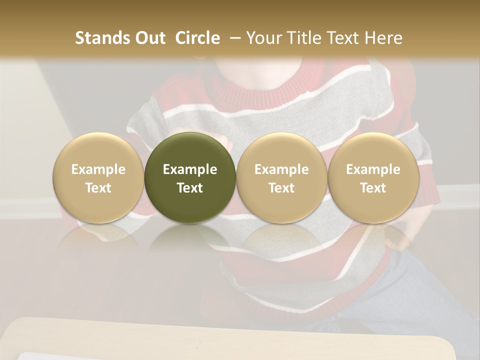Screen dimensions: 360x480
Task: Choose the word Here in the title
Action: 384,38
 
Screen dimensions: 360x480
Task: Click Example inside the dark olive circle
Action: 190,169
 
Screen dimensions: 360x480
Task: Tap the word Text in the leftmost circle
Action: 98,188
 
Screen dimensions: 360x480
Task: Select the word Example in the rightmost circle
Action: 373,169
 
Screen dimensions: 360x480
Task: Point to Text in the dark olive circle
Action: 190,188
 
